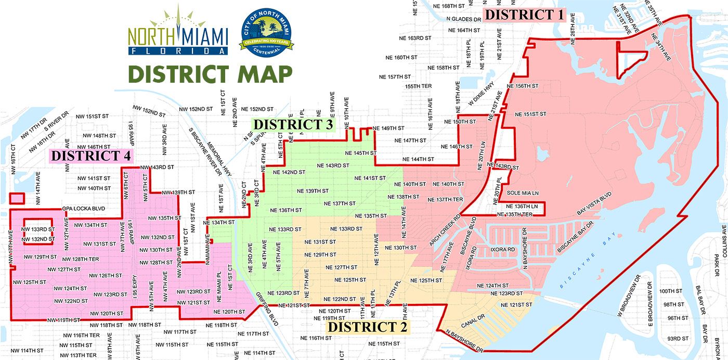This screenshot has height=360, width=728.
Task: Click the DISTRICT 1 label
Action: coord(524,15)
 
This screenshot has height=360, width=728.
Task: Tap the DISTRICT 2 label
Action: coord(368,327)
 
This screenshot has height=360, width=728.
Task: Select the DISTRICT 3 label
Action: coord(293,124)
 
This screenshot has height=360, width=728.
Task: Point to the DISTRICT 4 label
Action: coord(91,156)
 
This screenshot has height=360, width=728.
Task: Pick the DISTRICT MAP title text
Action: coord(210,74)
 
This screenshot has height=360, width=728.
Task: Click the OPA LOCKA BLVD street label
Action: coord(83,209)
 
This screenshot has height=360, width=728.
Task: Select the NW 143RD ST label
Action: coord(158,167)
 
